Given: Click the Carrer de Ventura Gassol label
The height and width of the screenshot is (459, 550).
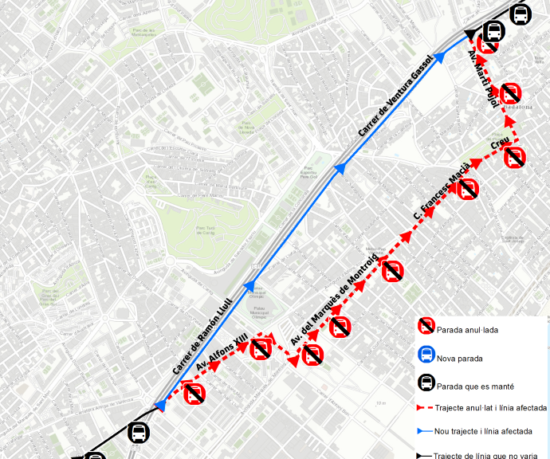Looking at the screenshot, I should click(x=396, y=96).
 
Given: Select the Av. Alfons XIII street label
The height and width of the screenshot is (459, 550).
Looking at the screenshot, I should click(x=222, y=355).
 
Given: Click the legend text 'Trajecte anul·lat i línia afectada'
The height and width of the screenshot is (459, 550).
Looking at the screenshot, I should click(x=491, y=408).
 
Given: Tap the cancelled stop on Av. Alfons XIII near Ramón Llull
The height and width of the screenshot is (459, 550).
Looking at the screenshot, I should click(x=194, y=392).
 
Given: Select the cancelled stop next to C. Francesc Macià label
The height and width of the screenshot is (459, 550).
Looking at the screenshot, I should click(x=468, y=190).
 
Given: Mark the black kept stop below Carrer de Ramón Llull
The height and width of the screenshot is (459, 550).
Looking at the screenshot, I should click(x=139, y=433).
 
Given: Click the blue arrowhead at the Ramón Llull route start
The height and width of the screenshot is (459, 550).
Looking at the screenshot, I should click(x=160, y=406).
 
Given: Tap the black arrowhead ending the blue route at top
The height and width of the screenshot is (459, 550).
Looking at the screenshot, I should click(x=476, y=33).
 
